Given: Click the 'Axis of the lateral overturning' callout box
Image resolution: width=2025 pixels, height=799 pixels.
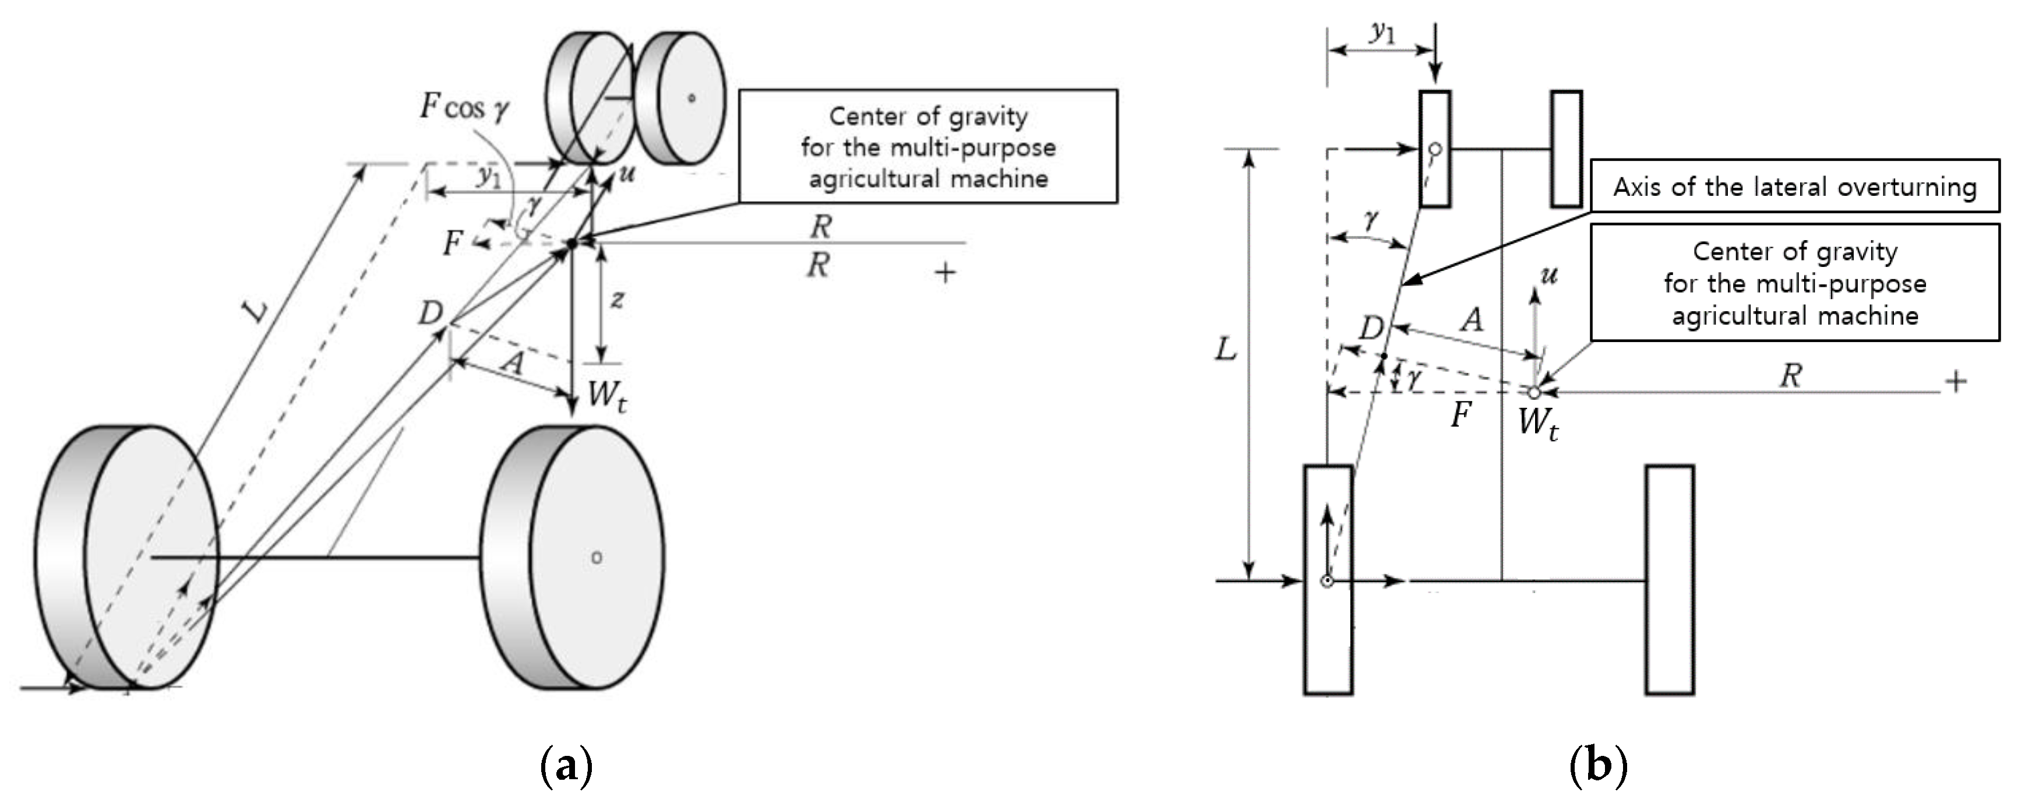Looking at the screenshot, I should click(x=1795, y=186).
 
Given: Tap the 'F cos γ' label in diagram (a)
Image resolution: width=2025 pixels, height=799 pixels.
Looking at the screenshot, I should click(x=464, y=107).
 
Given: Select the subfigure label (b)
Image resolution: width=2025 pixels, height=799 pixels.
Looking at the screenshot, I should click(x=1597, y=765).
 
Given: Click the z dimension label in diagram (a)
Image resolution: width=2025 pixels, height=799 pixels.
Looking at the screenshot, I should click(x=618, y=300).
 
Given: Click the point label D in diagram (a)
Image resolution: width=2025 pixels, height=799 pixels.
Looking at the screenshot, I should click(x=431, y=314).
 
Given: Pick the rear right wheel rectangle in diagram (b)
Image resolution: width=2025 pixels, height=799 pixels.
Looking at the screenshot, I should click(x=1670, y=580).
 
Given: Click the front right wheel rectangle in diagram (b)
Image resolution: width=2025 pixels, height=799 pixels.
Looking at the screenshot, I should click(x=1567, y=149).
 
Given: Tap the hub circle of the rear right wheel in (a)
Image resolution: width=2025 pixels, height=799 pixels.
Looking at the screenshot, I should click(x=597, y=558).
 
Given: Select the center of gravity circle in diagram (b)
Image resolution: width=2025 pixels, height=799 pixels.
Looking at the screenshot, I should click(x=1534, y=392).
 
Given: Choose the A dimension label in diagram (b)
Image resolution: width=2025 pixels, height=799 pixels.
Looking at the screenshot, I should click(x=1471, y=320).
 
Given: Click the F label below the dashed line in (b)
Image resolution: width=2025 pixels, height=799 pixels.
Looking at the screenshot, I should click(x=1460, y=415).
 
